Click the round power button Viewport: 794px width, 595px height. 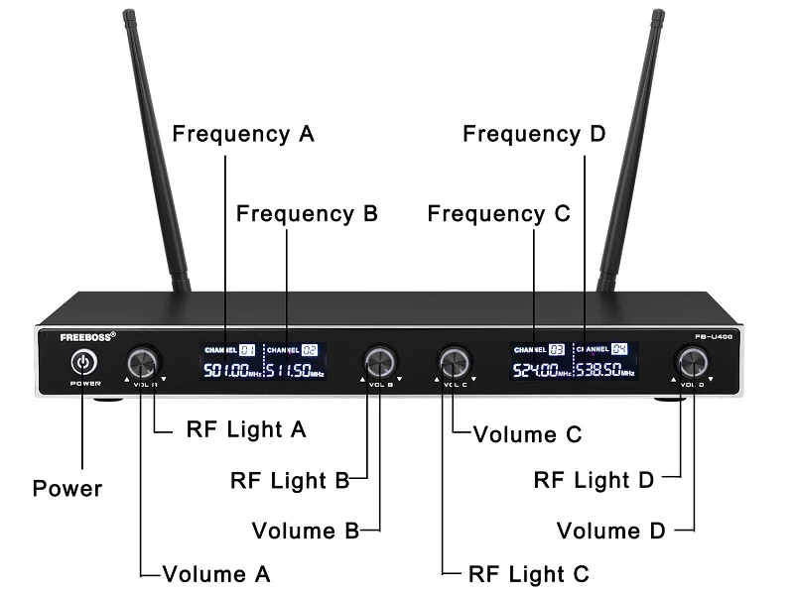pos(83,361)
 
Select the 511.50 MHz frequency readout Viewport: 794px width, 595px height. pos(296,371)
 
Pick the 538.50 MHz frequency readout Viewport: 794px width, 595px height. pos(602,371)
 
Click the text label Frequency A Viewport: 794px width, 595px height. pos(243,134)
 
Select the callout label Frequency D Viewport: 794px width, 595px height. pos(534,134)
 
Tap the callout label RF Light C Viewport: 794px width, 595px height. pos(527,573)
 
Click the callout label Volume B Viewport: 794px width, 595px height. pos(305,531)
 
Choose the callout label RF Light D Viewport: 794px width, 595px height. pos(594,480)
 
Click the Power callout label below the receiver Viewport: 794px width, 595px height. pos(67,488)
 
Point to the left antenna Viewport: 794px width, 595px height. pos(153,149)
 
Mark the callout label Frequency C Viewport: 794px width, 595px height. pos(499,213)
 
